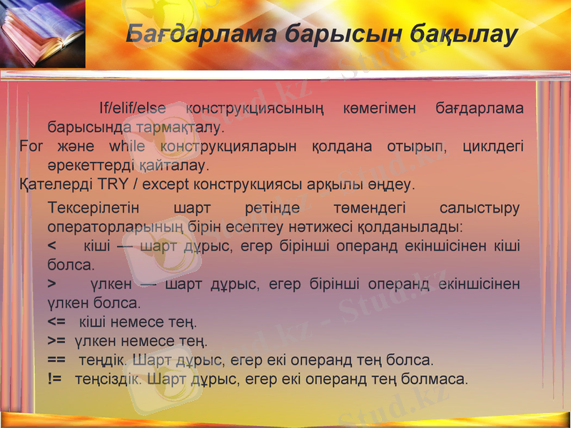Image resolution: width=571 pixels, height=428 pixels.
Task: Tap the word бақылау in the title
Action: coord(463,35)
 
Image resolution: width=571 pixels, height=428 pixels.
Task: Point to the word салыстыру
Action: coord(479,208)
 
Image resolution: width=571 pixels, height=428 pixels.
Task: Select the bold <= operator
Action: coord(56,322)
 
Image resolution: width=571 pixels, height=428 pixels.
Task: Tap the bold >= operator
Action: coord(56,341)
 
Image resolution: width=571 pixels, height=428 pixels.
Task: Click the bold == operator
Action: coord(56,360)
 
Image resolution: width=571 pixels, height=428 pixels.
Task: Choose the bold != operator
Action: coord(54,379)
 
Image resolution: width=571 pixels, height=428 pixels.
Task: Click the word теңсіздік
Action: coord(108,379)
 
